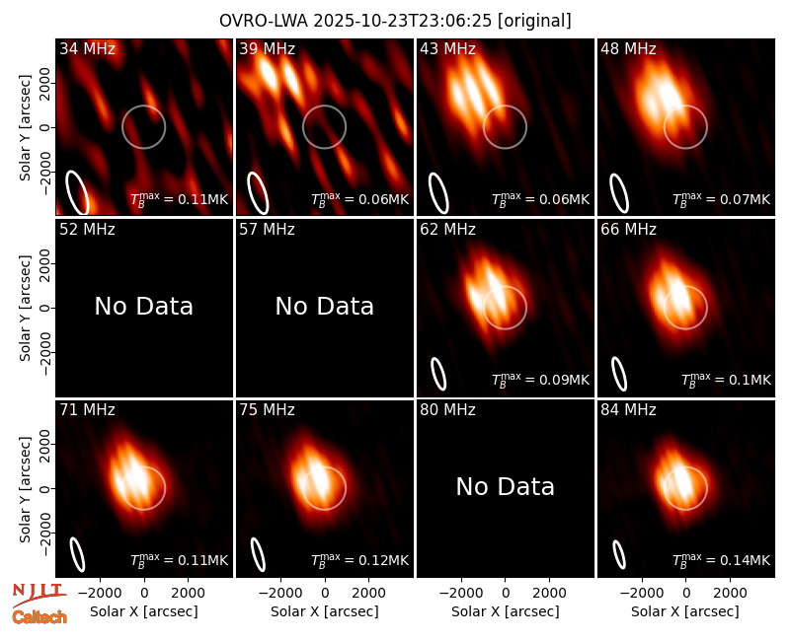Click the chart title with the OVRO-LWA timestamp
(395, 21)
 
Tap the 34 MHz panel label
(87, 48)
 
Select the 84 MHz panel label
(628, 410)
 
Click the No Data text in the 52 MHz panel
(143, 306)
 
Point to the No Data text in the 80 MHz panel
(505, 486)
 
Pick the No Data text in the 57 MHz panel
(325, 306)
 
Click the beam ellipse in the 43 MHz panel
(437, 192)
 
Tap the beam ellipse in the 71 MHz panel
(77, 554)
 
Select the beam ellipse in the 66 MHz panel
(619, 374)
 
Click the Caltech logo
(39, 617)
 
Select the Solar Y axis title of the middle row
(25, 308)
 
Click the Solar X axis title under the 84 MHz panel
(685, 611)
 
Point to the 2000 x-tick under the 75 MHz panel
(368, 594)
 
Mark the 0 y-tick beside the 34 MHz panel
(45, 127)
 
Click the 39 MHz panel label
(267, 48)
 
